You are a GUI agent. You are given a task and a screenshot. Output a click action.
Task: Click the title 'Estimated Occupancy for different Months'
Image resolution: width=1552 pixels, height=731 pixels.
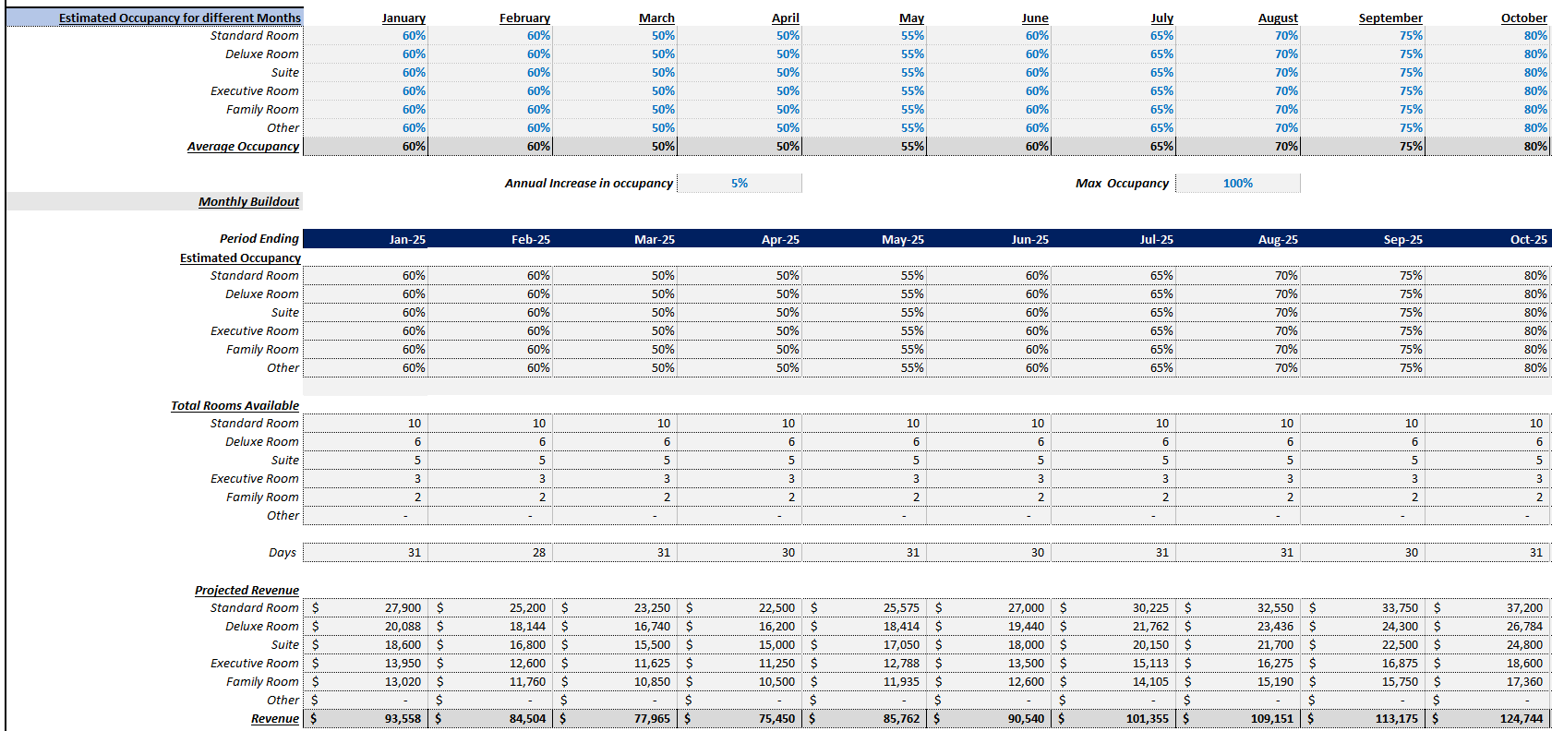[x=179, y=18]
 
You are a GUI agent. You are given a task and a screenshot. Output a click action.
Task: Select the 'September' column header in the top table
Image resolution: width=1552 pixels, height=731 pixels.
[x=1390, y=18]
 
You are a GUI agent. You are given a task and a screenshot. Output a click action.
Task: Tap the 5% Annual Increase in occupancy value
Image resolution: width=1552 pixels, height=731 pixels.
[x=740, y=183]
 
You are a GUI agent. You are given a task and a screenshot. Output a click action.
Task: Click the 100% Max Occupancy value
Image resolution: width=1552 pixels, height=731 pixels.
[x=1237, y=183]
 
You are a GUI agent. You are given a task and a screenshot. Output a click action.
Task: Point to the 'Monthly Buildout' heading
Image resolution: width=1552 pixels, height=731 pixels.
[x=248, y=201]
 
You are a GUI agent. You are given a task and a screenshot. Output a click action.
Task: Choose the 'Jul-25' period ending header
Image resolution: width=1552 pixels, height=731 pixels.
[x=1156, y=239]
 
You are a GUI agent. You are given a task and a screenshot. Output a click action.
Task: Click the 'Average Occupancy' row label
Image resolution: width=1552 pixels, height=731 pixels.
[x=243, y=146]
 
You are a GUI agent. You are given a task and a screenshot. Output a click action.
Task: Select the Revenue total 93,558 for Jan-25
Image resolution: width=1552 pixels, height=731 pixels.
[x=403, y=718]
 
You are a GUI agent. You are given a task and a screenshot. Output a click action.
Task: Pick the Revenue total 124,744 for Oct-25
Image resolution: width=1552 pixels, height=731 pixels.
[x=1523, y=718]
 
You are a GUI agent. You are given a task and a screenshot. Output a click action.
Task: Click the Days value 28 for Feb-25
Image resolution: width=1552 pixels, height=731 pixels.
[x=538, y=552]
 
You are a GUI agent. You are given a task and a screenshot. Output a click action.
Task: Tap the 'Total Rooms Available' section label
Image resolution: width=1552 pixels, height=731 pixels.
[x=235, y=405]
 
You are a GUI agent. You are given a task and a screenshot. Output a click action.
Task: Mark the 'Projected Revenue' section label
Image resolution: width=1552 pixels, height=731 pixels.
[x=247, y=590]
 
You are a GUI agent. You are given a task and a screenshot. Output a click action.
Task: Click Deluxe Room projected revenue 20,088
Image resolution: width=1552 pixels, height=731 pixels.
[x=403, y=626]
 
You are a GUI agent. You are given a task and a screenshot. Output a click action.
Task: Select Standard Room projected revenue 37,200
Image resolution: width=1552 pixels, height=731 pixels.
[x=1524, y=607]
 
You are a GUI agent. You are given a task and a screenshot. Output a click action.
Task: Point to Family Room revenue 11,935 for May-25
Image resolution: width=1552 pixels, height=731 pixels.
[x=901, y=681]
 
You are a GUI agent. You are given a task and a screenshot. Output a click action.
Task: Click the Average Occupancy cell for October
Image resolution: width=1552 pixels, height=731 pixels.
[x=1534, y=146]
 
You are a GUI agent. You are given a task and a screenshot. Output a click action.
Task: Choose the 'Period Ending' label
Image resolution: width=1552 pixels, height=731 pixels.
[x=259, y=238]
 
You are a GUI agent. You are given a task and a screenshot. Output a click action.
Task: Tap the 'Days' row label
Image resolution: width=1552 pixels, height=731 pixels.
[x=283, y=552]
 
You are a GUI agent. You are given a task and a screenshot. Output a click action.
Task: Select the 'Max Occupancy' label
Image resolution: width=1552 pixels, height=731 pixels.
[x=1122, y=183]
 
